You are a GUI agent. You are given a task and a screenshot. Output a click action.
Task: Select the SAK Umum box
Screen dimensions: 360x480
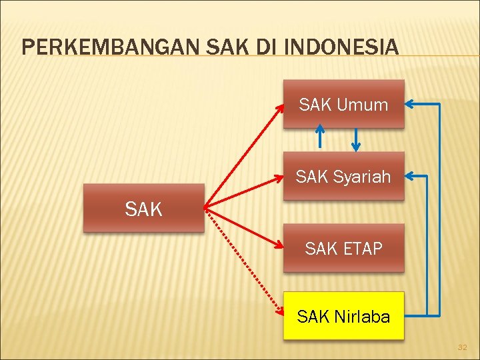(x=343, y=104)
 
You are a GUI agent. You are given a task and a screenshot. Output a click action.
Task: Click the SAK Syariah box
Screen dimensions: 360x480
(x=343, y=176)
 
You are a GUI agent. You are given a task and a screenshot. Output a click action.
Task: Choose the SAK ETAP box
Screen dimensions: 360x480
(x=343, y=248)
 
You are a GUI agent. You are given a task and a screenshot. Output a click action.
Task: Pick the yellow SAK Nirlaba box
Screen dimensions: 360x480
(x=343, y=316)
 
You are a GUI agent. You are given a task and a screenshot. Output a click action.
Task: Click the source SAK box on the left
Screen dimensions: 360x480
(x=143, y=208)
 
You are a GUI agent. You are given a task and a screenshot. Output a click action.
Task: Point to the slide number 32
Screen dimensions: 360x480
(x=462, y=347)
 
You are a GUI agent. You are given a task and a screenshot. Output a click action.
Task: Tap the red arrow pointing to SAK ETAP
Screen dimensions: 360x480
(x=244, y=227)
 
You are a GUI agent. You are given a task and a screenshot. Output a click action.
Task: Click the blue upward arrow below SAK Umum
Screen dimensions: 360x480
(x=321, y=136)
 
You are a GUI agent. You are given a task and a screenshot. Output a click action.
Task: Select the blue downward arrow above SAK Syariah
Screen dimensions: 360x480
(x=356, y=140)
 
